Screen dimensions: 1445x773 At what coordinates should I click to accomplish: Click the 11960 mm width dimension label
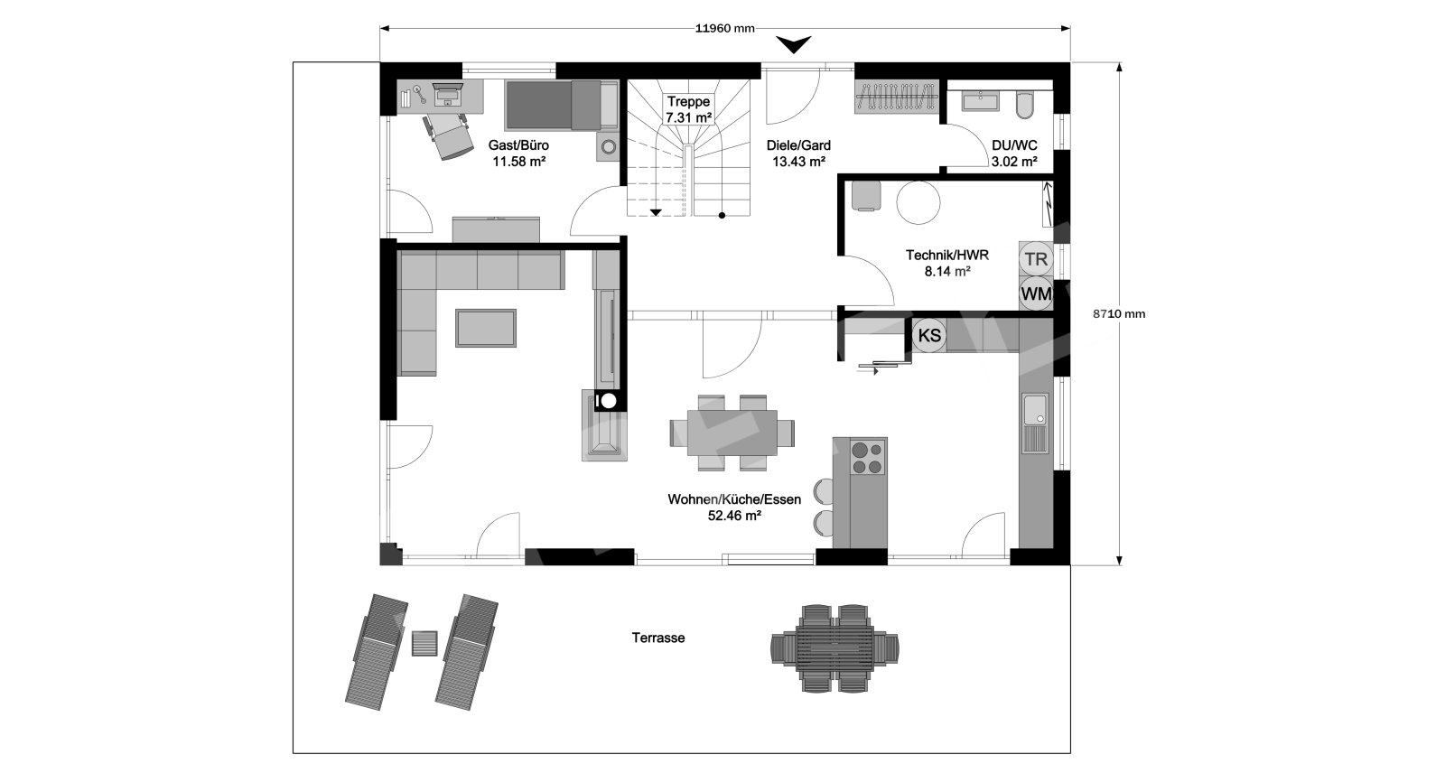724,28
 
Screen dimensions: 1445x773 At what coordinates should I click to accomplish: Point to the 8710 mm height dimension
1119,314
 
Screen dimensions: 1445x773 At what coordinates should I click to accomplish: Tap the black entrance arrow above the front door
793,44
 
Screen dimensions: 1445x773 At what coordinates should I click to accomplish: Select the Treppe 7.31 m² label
688,109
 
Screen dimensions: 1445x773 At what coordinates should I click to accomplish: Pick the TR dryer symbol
1036,259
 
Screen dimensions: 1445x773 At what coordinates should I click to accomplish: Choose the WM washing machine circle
1036,294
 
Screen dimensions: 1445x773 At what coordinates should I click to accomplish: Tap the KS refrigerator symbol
929,336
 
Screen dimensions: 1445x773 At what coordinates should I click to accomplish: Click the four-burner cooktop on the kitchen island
868,458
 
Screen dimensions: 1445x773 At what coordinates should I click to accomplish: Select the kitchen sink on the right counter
1035,423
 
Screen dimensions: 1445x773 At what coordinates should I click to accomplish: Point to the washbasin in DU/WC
980,100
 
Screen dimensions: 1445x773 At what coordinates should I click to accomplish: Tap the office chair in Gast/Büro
447,136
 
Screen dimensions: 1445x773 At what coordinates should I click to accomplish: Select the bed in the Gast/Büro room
561,105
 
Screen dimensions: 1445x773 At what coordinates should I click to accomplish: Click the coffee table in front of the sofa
486,328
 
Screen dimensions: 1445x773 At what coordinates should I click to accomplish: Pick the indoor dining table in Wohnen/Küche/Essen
732,433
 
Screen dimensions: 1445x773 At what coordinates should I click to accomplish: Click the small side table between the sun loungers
424,643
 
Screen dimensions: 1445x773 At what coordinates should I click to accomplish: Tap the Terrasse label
658,638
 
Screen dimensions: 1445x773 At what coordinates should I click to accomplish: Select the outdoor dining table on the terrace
834,648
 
